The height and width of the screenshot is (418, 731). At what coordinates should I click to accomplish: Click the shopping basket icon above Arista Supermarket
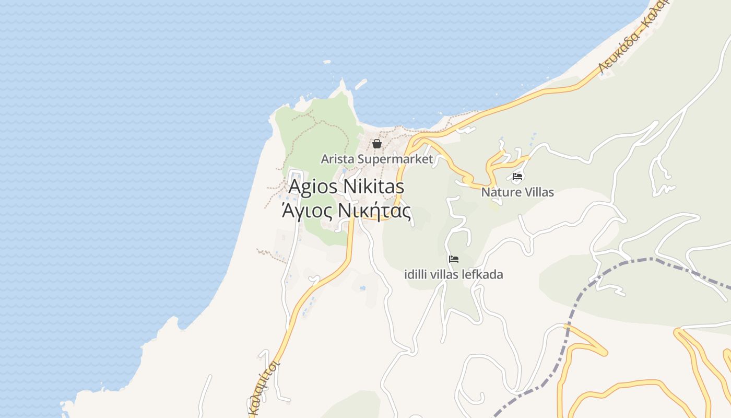377,144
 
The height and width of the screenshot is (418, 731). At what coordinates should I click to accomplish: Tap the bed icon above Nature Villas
517,177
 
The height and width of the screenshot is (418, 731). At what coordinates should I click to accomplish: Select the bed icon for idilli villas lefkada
454,259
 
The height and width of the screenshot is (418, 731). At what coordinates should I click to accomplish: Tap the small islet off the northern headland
360,84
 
